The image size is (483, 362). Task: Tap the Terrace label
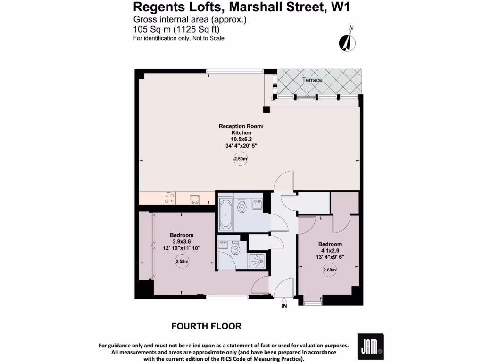tap(312, 80)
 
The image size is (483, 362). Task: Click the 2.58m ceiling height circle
tap(182, 261)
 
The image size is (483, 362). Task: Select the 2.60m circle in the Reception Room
tap(241, 159)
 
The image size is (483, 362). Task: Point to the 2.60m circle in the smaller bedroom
tap(330, 270)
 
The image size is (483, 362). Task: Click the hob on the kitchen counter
tap(169, 198)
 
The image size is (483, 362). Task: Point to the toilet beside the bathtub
tap(242, 206)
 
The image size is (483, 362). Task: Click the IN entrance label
tap(284, 305)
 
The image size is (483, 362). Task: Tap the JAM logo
tap(370, 346)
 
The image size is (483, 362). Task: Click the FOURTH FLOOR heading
tap(206, 326)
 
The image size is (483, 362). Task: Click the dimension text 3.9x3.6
tap(182, 241)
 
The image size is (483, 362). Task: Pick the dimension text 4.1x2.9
tap(330, 250)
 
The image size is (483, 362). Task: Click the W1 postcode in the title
tap(339, 7)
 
